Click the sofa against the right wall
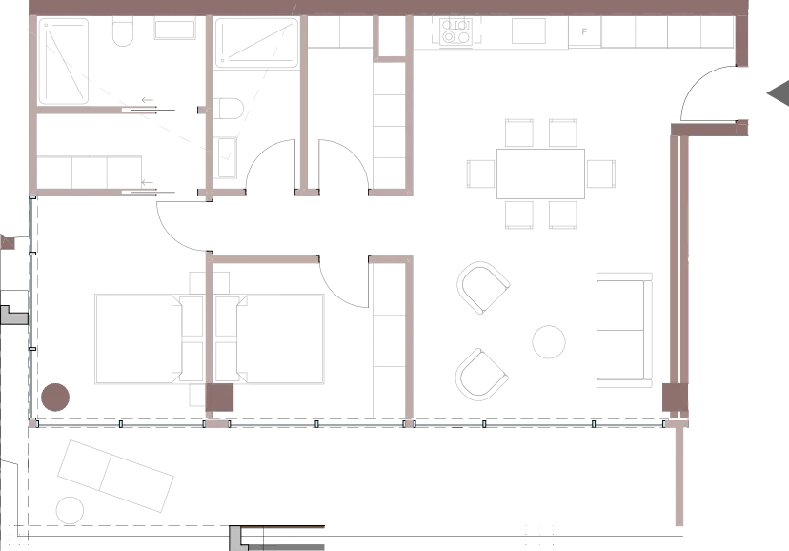coord(625,328)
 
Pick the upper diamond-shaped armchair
coord(480,289)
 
